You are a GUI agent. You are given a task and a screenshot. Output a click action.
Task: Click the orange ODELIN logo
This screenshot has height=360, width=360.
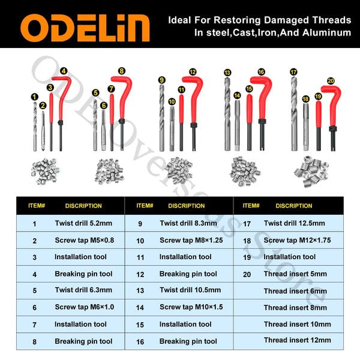tap(85, 28)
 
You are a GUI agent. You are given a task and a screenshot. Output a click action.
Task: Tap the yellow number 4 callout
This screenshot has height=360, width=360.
tap(64, 71)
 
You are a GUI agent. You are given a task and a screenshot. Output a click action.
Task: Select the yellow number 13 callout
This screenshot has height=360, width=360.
tap(227, 73)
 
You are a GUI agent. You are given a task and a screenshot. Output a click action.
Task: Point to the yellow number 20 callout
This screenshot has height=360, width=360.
tap(331, 81)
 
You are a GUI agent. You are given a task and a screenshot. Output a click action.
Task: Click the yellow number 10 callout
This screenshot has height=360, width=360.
tap(172, 101)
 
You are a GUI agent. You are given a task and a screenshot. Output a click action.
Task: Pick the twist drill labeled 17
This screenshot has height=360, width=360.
tap(294, 113)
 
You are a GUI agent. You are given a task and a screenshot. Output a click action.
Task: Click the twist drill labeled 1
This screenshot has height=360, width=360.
tap(35, 127)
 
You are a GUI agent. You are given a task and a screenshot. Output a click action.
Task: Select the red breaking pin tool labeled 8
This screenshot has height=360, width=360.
tap(122, 113)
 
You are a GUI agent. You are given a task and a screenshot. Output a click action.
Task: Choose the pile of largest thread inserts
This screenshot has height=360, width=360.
tap(311, 171)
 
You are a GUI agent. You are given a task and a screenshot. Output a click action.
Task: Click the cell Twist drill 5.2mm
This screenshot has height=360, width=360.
tap(83, 223)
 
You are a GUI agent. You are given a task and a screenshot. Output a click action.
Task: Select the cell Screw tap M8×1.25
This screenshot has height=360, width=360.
tap(191, 240)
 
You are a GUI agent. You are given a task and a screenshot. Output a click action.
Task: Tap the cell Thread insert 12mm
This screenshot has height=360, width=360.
tap(298, 340)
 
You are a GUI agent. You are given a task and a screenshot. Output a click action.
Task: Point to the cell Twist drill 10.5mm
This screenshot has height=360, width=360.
tap(190, 290)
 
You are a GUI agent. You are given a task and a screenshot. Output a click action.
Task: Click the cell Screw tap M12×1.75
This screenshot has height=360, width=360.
tap(298, 240)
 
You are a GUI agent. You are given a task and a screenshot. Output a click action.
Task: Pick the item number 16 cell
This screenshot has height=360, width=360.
tap(140, 342)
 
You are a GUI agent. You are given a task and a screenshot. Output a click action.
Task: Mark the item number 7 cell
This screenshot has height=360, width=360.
tap(34, 325)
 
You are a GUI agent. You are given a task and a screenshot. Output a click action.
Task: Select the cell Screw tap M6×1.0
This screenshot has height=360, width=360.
tap(84, 307)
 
